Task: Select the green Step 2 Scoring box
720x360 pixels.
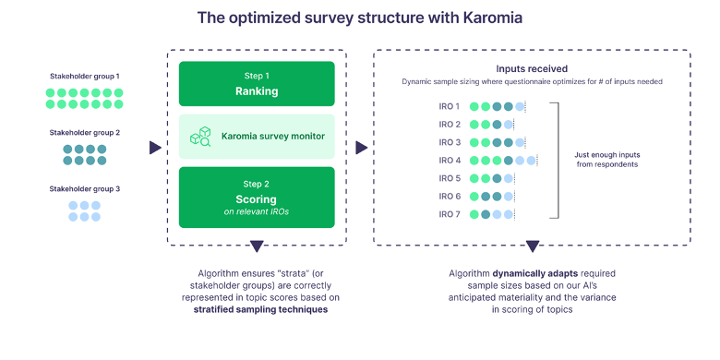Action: pos(257,197)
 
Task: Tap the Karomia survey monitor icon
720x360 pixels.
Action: pos(200,137)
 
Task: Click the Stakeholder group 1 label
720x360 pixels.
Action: pos(85,76)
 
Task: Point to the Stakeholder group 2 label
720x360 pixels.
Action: pos(85,132)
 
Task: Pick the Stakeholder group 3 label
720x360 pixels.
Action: pos(85,187)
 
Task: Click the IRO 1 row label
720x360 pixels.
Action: pos(450,106)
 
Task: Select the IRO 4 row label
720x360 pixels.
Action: pos(450,160)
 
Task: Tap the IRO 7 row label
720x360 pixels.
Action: pos(450,214)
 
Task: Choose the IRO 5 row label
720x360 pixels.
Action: pos(450,178)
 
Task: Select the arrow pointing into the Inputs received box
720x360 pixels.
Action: pos(361,147)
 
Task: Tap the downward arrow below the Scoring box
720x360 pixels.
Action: pos(257,246)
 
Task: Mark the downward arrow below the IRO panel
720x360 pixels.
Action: pos(532,246)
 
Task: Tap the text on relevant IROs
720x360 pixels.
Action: pos(257,212)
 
